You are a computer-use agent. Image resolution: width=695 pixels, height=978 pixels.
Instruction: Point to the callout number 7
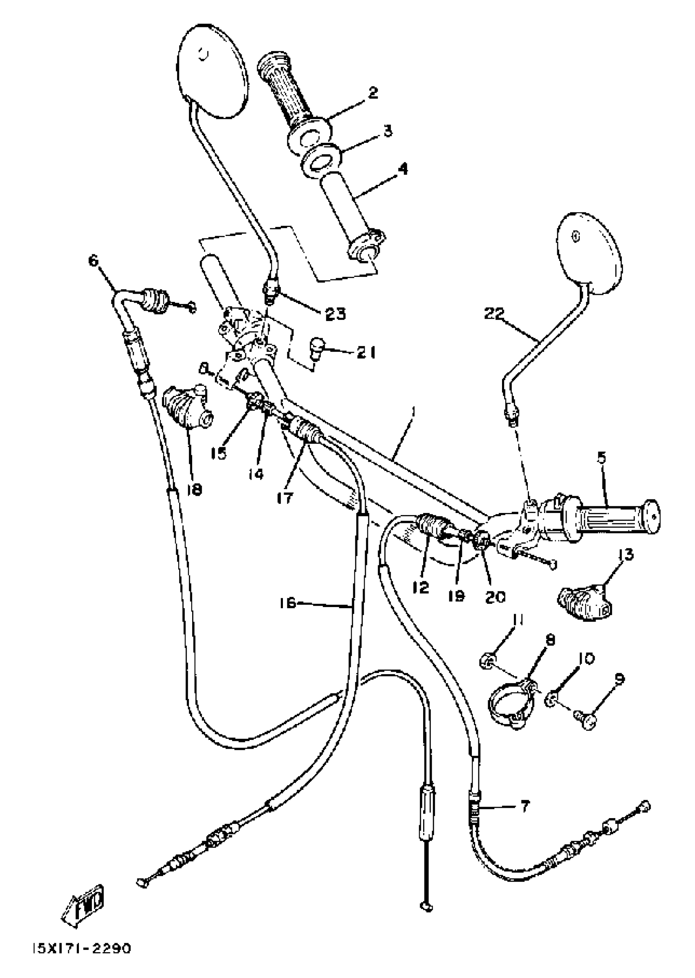click(525, 806)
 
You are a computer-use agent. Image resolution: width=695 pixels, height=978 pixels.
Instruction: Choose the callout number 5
click(601, 459)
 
